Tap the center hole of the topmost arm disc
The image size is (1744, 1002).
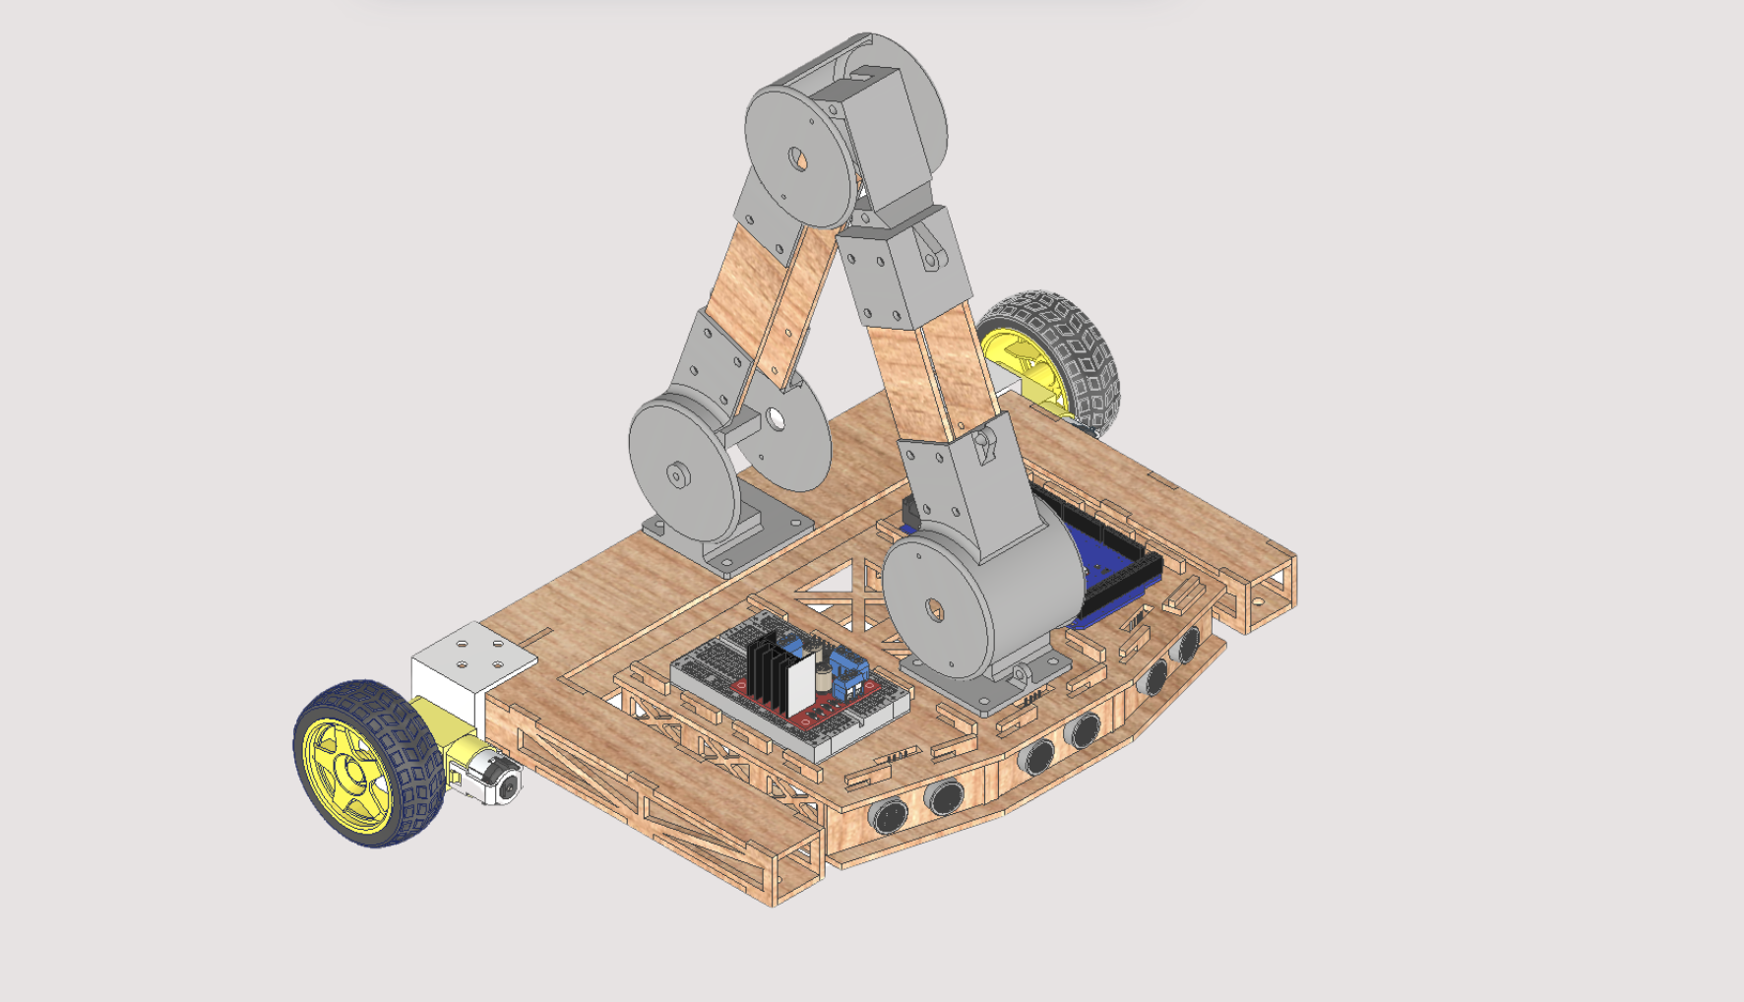tap(797, 157)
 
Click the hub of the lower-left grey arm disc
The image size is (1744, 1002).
tap(677, 475)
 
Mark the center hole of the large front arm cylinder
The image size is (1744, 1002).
tap(933, 610)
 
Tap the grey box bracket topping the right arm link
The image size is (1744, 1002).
tap(901, 271)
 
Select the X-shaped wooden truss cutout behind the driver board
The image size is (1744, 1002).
tap(837, 591)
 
